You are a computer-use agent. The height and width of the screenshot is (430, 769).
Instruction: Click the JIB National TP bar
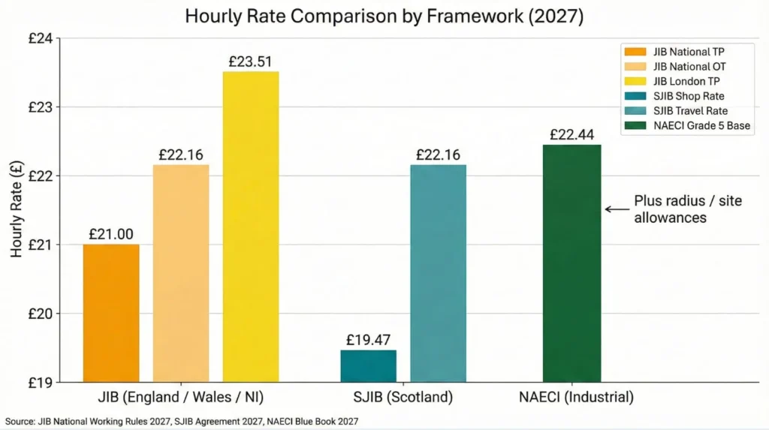pos(110,313)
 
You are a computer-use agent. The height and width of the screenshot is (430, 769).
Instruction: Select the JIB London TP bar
pos(251,227)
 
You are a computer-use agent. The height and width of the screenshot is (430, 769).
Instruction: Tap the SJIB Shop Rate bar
pos(368,365)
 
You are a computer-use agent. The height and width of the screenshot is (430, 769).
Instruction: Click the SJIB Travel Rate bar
pos(438,273)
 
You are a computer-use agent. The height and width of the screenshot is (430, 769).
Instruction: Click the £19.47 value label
pos(368,339)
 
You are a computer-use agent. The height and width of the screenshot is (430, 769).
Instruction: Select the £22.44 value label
pos(572,134)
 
